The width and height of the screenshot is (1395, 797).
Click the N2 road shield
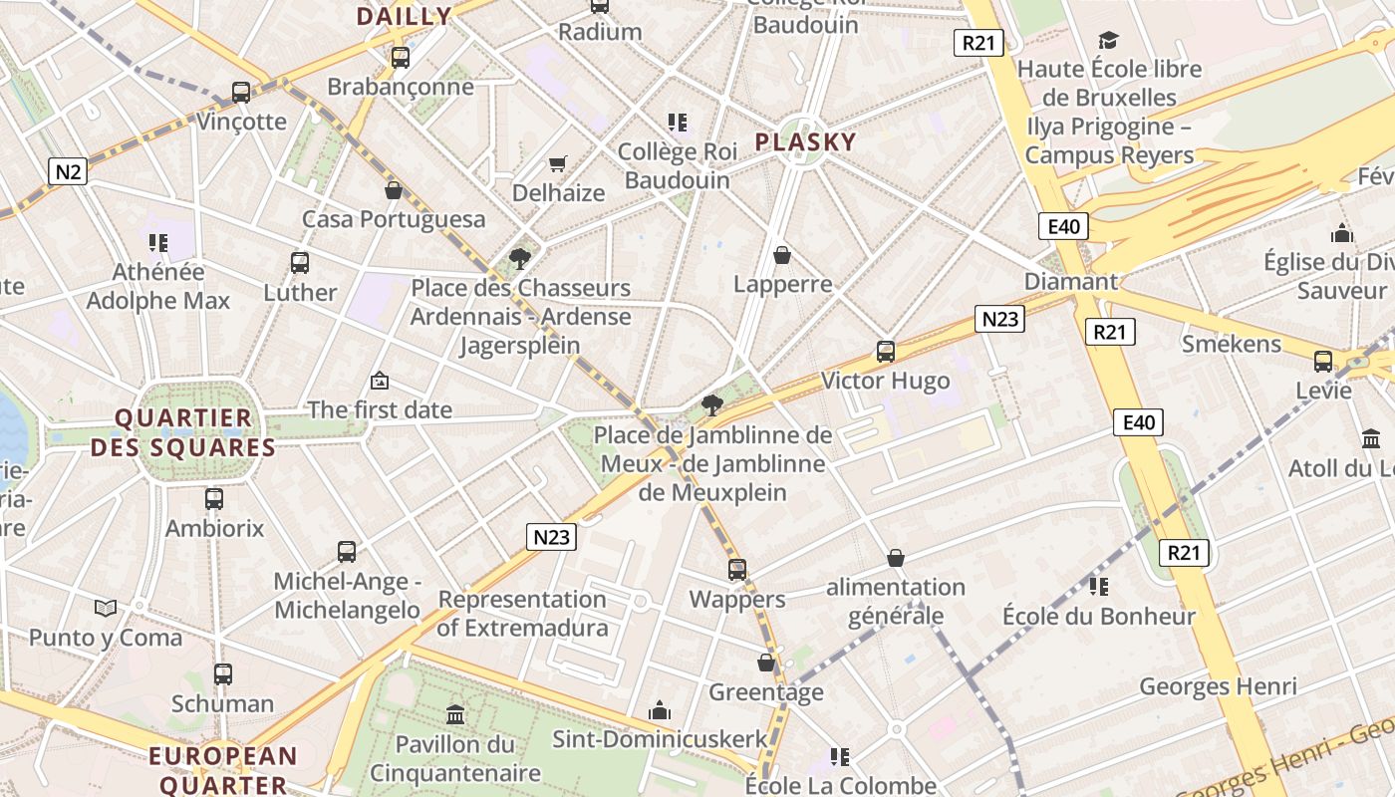[x=68, y=171]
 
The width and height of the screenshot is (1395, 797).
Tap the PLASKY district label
[x=805, y=141]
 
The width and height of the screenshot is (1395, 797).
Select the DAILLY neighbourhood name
[x=404, y=16]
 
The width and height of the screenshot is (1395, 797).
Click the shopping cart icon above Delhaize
[x=558, y=163]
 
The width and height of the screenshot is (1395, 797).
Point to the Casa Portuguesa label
[x=394, y=219]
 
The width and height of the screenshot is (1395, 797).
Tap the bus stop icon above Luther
[x=300, y=263]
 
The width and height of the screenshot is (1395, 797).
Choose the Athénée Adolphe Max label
[x=158, y=286]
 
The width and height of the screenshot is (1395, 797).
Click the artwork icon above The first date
[x=379, y=381]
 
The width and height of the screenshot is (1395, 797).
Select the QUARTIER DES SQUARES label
[x=183, y=432]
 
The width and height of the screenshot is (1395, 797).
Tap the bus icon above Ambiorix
[x=214, y=499]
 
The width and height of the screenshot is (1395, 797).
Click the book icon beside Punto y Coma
[x=106, y=608]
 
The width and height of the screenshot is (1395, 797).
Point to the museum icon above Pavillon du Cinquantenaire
[x=455, y=714]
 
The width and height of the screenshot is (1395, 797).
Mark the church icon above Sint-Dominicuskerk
[x=660, y=710]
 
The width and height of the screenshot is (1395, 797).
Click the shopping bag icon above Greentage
[x=766, y=663]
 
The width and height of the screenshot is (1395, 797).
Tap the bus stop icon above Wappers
[x=737, y=570]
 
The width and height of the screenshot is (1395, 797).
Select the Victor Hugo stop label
[x=885, y=381]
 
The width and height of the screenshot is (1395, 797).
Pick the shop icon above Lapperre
[x=782, y=256]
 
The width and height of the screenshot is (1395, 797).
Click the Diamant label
[x=1071, y=281]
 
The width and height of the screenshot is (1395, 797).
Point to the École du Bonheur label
[x=1098, y=617]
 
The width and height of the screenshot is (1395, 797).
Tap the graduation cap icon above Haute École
[x=1108, y=41]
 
